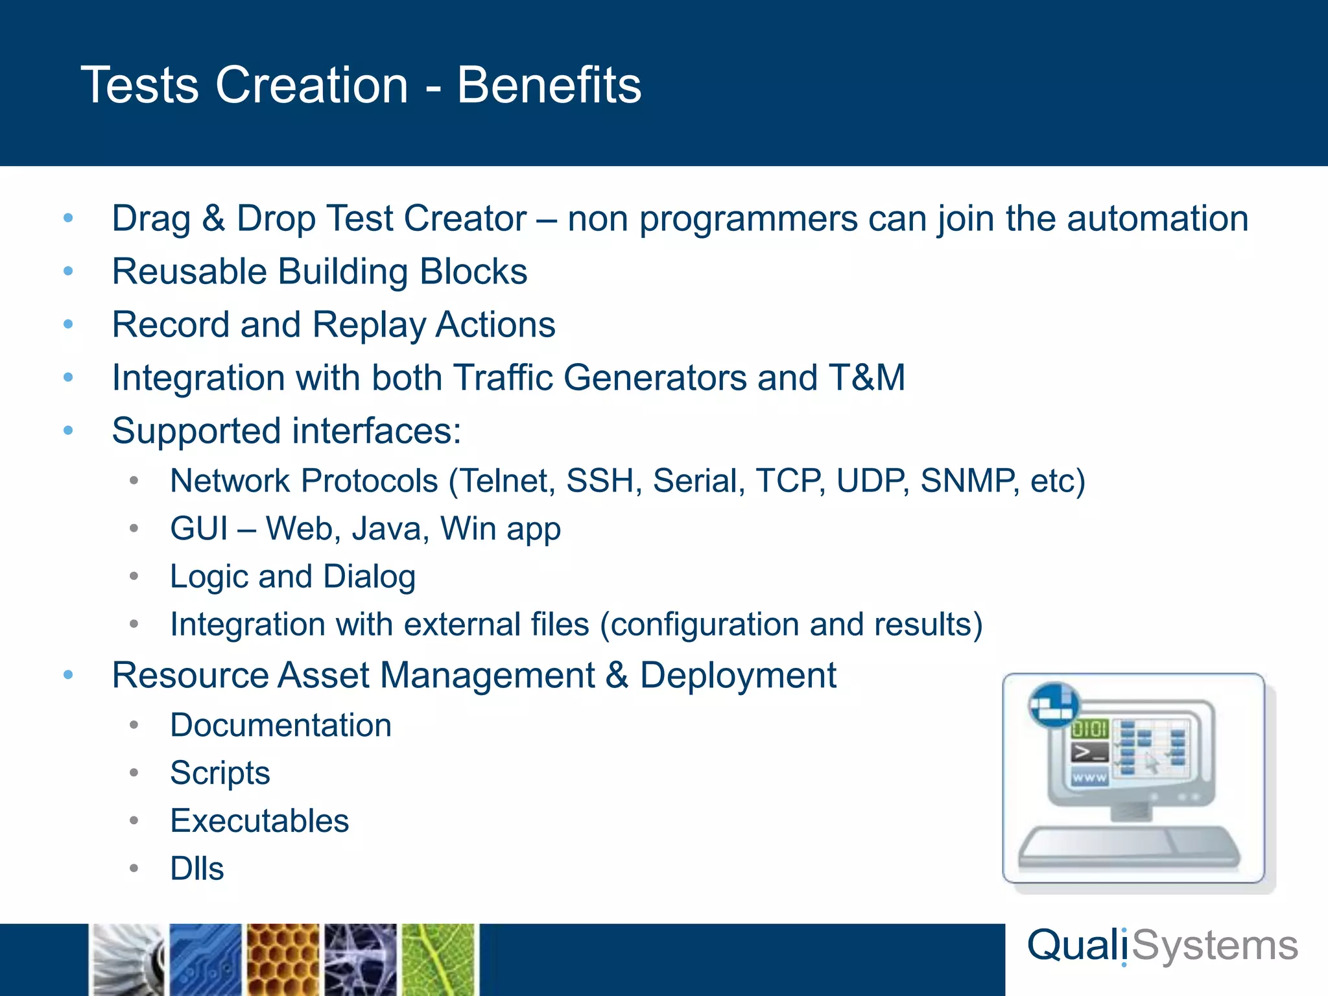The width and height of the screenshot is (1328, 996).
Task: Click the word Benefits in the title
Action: (549, 85)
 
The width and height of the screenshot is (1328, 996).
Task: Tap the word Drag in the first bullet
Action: (150, 219)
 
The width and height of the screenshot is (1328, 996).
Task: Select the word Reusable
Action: (189, 272)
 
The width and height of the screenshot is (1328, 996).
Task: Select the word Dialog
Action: (369, 576)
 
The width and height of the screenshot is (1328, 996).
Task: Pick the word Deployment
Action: (738, 676)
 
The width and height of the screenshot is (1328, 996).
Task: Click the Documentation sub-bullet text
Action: (281, 725)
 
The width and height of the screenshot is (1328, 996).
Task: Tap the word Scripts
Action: (220, 773)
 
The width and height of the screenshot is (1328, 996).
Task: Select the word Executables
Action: (259, 821)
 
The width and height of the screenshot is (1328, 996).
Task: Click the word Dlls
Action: (196, 869)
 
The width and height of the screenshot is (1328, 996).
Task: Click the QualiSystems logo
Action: (1162, 946)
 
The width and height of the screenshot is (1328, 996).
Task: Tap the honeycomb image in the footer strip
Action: (283, 960)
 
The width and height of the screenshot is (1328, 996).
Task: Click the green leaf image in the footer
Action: (439, 960)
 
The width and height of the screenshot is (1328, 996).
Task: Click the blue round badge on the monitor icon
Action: (1054, 705)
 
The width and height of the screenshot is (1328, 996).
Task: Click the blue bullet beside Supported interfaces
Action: (69, 431)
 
